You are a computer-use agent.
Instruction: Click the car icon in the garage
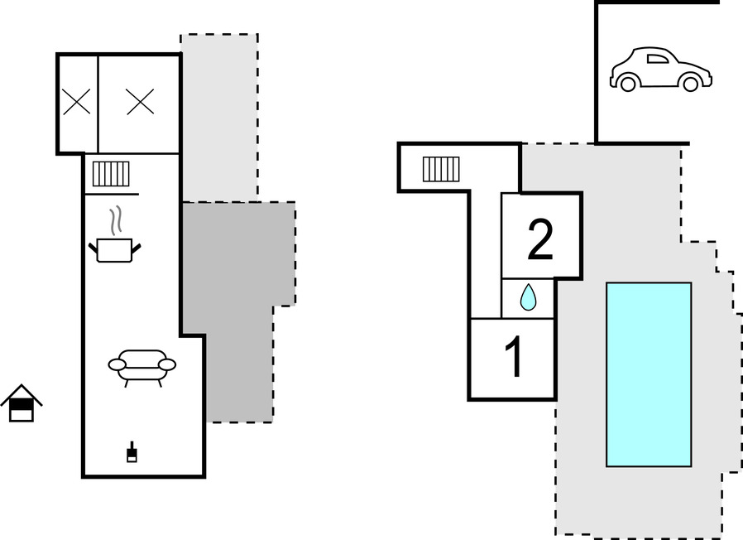pyautogui.click(x=660, y=70)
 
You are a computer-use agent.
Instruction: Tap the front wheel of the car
pyautogui.click(x=690, y=84)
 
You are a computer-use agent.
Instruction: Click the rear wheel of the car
pyautogui.click(x=628, y=84)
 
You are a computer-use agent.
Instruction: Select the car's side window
pyautogui.click(x=657, y=59)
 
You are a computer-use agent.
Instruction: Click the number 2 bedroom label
pyautogui.click(x=540, y=239)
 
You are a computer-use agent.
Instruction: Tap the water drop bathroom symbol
pyautogui.click(x=528, y=297)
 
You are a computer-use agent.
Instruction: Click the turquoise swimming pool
pyautogui.click(x=649, y=374)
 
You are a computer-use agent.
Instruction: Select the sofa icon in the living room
pyautogui.click(x=142, y=365)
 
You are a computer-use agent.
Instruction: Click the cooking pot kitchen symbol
pyautogui.click(x=115, y=248)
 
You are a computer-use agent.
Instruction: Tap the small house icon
pyautogui.click(x=22, y=404)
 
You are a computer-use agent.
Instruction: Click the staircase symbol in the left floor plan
pyautogui.click(x=111, y=174)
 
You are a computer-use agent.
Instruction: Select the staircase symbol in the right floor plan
pyautogui.click(x=441, y=169)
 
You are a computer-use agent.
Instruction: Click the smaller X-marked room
pyautogui.click(x=77, y=103)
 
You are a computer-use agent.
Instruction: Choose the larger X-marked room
pyautogui.click(x=140, y=102)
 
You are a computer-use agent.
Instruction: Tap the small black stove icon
pyautogui.click(x=131, y=453)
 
